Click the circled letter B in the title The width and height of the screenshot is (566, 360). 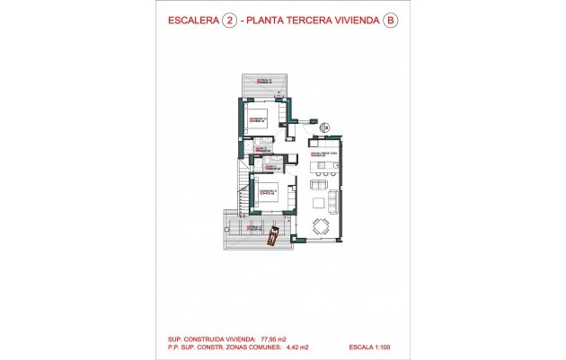coord(389,22)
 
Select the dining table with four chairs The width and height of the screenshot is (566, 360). coord(321,225)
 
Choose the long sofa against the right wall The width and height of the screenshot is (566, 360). coord(335,198)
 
